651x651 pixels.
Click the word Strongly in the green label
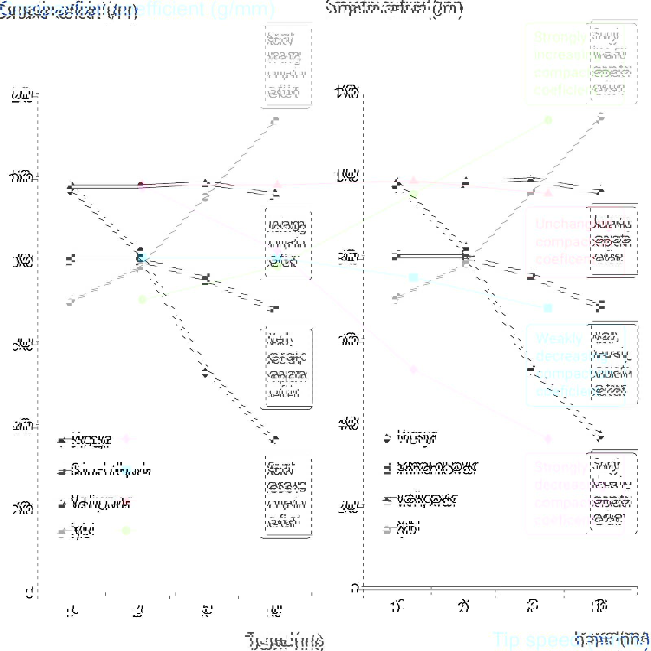tap(560, 37)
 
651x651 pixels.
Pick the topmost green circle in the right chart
tap(548, 120)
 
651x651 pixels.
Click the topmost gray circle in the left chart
tap(276, 120)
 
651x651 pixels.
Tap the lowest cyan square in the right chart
tap(548, 308)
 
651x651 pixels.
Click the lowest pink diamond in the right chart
tap(548, 439)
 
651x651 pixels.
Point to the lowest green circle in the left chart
tap(142, 299)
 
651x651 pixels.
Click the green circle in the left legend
tap(126, 531)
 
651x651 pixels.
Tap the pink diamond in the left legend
tap(126, 439)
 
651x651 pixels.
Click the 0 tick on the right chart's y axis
tap(355, 588)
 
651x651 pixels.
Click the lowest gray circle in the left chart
tap(70, 302)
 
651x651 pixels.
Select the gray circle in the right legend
tap(387, 529)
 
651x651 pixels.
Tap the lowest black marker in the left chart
tap(275, 439)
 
